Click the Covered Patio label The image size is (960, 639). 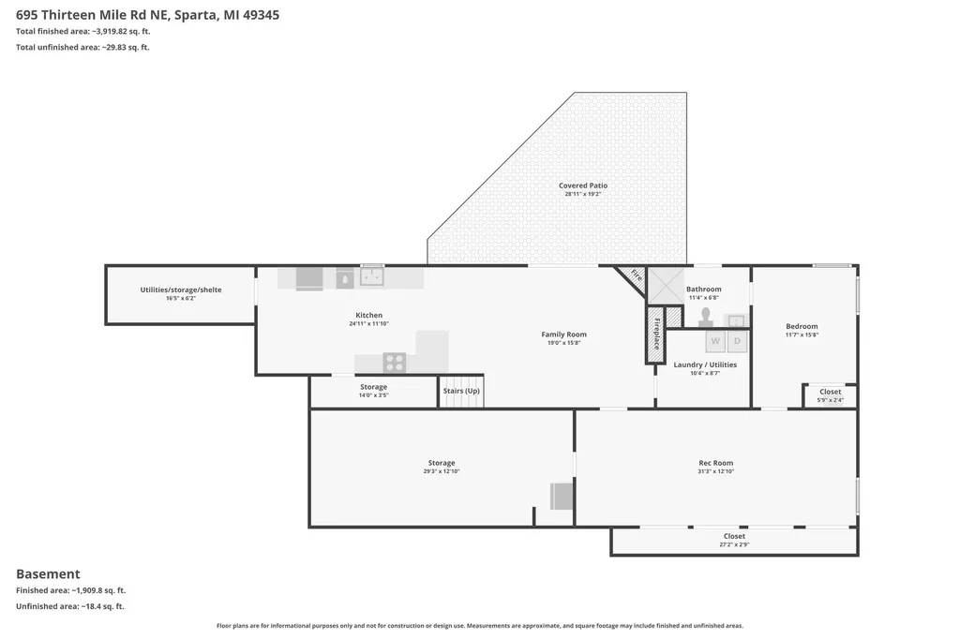coord(583,186)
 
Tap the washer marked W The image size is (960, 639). coord(715,341)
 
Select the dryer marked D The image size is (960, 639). coord(737,341)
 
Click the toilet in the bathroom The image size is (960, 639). coord(706,317)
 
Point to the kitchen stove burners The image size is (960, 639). coord(395,363)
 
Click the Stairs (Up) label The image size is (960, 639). coord(461,391)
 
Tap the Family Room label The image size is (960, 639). coord(563,334)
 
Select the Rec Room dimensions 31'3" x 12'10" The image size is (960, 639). coord(715,471)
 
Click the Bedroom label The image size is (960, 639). coord(802,326)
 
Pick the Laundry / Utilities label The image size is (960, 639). coord(705,364)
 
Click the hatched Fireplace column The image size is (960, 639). coord(655,334)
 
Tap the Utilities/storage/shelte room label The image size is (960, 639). coord(181,290)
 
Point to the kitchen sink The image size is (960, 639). coord(371,276)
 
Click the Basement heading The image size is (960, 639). coord(48,574)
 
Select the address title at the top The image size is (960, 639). coord(147,15)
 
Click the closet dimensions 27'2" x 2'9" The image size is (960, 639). coord(734,544)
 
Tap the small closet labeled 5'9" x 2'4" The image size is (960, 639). coord(831,395)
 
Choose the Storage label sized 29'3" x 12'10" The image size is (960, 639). coord(442,464)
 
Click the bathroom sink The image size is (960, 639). coord(736,320)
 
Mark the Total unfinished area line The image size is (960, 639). coord(82,47)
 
